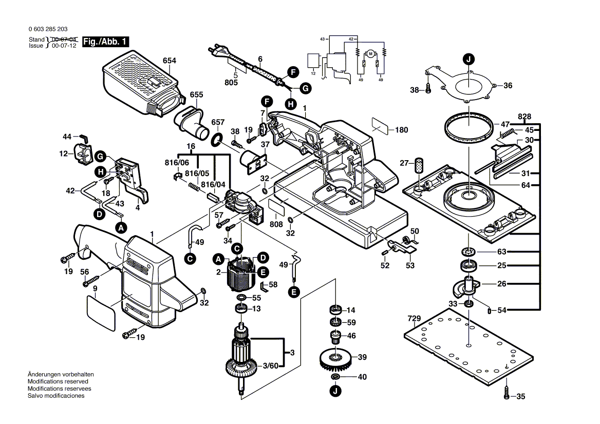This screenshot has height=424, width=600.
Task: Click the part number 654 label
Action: click(x=170, y=61)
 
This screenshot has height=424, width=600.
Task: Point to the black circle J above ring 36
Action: click(x=468, y=60)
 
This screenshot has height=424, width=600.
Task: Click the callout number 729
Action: click(x=414, y=319)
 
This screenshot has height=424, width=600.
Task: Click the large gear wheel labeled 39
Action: click(x=334, y=359)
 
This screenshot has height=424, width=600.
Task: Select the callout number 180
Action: click(x=402, y=130)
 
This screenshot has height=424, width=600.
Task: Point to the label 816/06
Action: click(x=176, y=163)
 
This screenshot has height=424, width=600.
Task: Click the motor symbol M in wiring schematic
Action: click(x=370, y=54)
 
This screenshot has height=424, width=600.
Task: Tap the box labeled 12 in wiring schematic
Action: click(x=312, y=61)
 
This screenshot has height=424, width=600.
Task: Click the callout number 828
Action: click(x=524, y=117)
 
